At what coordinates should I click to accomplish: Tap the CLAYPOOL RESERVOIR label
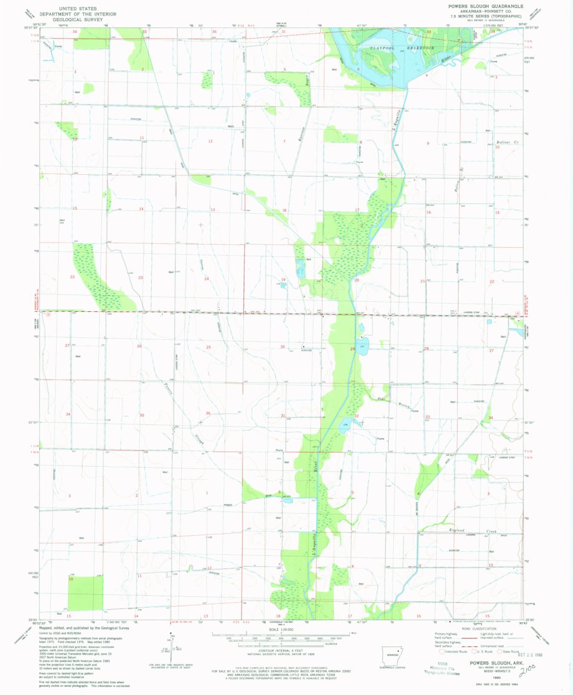tap(394, 47)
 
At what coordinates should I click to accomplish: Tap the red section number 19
tap(283, 280)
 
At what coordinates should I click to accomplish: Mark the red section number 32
tap(356, 416)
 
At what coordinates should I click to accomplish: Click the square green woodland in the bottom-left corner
tap(85, 592)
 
